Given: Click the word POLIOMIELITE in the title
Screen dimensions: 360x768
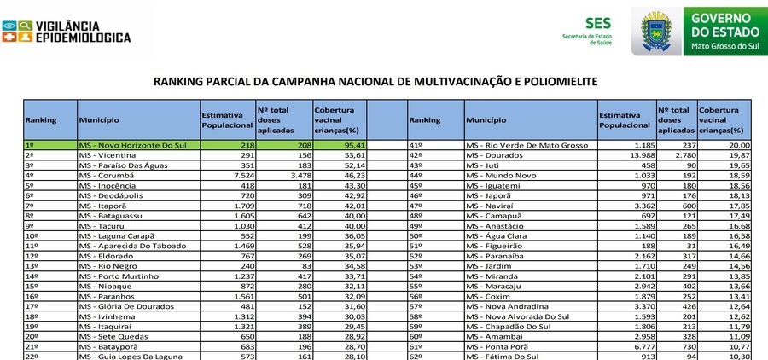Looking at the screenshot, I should (x=553, y=82).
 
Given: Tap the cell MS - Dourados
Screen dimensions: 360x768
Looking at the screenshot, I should (x=496, y=155).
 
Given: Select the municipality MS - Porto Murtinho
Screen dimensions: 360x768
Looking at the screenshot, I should (x=119, y=276).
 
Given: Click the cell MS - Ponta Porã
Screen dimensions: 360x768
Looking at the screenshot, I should (x=500, y=345).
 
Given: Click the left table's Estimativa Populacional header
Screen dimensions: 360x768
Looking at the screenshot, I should (x=226, y=120).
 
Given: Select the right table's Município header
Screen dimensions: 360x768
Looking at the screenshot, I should (x=486, y=120).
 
